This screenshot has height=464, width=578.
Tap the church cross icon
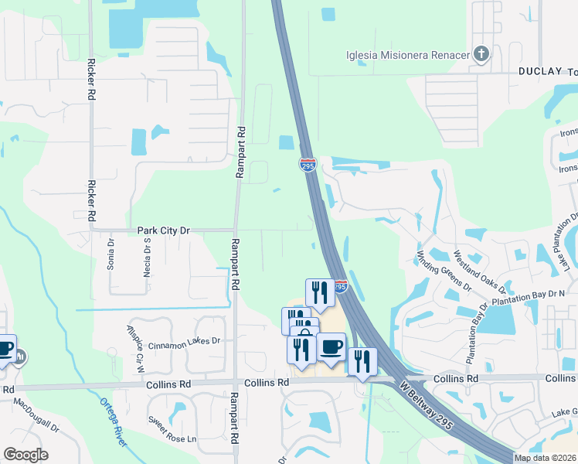point(481,54)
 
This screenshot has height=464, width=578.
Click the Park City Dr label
point(163,230)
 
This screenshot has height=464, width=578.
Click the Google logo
point(25,455)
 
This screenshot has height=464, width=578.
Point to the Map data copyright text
point(546,458)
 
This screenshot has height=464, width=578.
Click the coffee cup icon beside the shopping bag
point(331,346)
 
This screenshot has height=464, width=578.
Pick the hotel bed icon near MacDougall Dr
point(21,357)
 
